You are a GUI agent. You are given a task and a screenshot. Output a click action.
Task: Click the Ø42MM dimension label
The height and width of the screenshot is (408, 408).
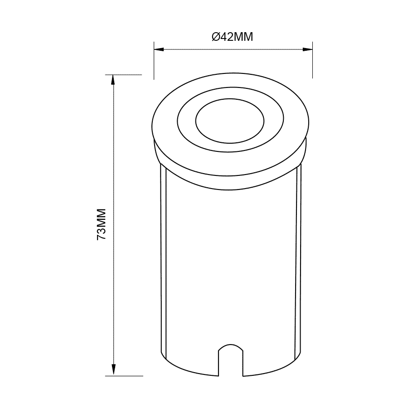pos(232,37)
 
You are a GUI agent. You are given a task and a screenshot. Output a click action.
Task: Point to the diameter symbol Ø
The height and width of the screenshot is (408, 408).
pos(216,37)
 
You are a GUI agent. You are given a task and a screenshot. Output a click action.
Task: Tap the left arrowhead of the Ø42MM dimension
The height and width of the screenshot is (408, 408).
pos(158,49)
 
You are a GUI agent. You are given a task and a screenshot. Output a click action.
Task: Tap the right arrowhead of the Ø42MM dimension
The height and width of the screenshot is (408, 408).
pos(309,49)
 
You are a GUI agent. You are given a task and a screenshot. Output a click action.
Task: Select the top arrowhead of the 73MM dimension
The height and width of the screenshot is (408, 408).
pos(113,79)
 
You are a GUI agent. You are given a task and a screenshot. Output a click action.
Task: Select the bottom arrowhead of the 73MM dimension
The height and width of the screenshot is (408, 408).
pos(113,371)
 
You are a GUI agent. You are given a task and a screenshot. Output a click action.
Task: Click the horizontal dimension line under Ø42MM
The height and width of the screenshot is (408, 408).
pos(233,49)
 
